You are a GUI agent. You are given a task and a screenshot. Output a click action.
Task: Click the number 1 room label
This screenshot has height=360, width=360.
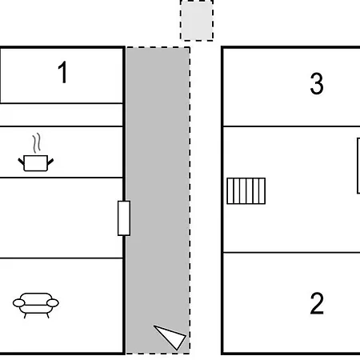point(62,74)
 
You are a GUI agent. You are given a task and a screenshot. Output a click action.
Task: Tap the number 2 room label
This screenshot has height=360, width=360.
point(317,304)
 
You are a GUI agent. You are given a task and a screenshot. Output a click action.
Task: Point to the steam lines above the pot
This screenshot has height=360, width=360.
point(36,144)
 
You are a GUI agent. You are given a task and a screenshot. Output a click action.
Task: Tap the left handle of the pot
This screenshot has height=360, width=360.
point(22,159)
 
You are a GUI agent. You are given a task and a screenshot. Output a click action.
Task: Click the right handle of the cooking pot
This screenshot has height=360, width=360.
point(50,159)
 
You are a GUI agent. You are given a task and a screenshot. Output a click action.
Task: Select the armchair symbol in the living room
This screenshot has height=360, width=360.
point(36,304)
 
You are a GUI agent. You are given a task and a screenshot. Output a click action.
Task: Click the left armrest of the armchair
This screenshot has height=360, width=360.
point(18,302)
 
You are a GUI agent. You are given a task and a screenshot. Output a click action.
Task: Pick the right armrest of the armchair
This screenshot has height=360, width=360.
point(54,302)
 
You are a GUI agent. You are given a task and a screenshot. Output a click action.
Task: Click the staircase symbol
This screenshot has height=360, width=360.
point(246,190)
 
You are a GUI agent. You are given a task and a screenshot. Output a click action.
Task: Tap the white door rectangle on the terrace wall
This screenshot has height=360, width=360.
point(124,218)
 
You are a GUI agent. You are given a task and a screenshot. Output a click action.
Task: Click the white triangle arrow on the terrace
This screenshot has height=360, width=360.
point(170,337)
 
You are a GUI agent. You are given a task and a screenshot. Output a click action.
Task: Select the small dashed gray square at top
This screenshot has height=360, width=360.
point(197,21)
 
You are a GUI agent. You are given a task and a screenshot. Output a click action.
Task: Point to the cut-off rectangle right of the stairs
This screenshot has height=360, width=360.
point(358,166)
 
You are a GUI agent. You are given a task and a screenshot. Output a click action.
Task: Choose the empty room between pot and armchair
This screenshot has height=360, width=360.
point(62,218)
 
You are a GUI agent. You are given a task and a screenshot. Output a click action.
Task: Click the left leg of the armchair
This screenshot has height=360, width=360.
point(26,315)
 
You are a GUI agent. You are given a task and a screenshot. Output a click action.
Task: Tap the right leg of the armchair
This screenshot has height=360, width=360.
point(46,315)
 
